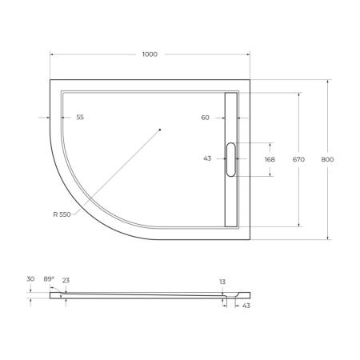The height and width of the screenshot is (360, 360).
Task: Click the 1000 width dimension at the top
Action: [x=150, y=54]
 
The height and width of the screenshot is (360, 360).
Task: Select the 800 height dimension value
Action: [x=327, y=159]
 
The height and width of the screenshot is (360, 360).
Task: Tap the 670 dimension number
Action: [x=298, y=159]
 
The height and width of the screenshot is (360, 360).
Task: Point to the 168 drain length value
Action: [x=270, y=159]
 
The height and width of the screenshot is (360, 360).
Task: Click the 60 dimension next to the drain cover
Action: [x=206, y=118]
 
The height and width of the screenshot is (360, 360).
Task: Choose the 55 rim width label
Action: [x=80, y=118]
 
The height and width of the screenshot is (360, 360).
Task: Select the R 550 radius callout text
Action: [x=62, y=214]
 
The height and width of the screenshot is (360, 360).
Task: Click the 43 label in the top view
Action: [x=208, y=159]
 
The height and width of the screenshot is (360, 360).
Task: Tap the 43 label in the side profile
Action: [x=246, y=306]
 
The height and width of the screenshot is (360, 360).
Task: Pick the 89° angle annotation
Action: [x=49, y=278]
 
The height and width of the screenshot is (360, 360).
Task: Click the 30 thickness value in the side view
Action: [x=30, y=278]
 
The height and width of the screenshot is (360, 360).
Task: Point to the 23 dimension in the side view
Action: [x=66, y=281]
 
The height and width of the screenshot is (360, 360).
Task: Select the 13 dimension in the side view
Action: [x=222, y=282]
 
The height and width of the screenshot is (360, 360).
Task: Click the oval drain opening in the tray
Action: [x=231, y=158]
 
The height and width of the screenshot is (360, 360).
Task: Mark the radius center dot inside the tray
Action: [x=159, y=130]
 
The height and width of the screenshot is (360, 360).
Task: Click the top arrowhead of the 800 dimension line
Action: [x=328, y=82]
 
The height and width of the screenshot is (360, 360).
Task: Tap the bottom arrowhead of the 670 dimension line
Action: [x=299, y=225]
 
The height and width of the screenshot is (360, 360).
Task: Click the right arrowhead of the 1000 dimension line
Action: [x=248, y=54]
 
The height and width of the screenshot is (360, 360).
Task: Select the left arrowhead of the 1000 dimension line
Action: [x=53, y=54]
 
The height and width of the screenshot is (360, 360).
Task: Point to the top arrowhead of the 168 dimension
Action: [x=270, y=144]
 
